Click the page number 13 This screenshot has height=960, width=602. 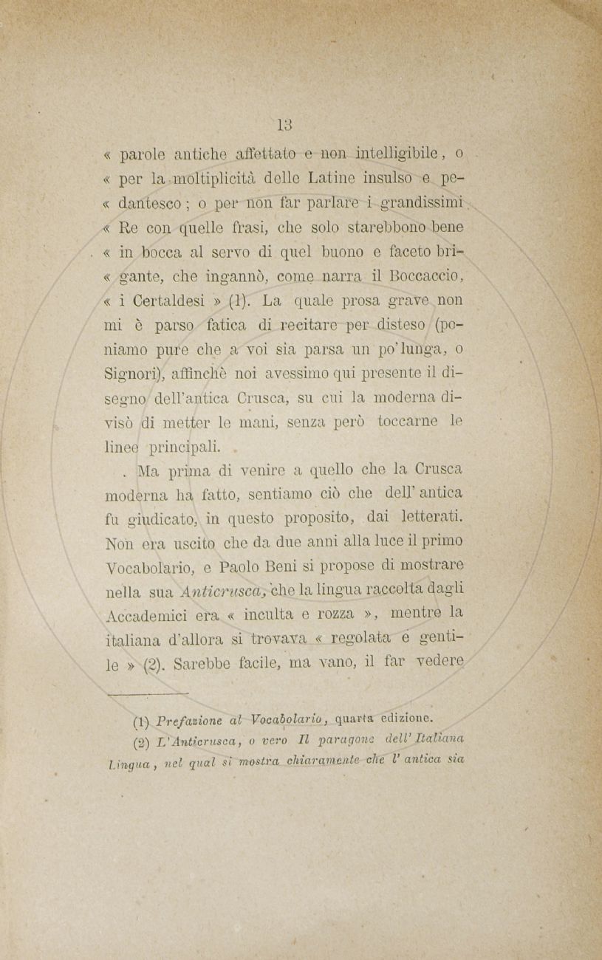point(286,125)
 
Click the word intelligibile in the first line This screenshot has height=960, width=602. point(399,155)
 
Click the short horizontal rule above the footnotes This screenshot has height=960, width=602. point(148,693)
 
